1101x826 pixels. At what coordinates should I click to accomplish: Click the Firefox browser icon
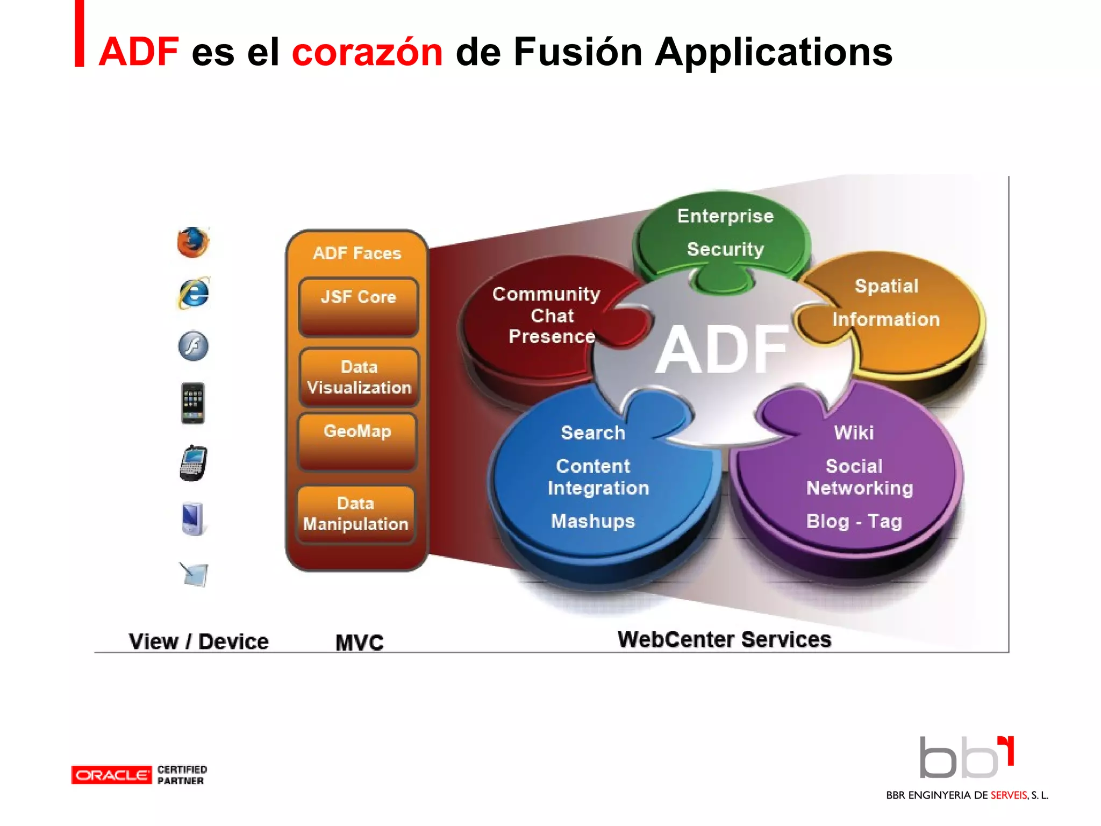(193, 243)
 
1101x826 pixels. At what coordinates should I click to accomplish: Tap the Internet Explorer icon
(193, 294)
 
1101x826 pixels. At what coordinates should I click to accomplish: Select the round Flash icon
(193, 346)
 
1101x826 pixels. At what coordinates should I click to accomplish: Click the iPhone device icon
(192, 403)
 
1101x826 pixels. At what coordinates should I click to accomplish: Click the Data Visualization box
(359, 377)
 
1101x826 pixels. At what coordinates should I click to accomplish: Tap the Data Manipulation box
(356, 514)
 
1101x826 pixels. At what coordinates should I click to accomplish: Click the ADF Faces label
(357, 253)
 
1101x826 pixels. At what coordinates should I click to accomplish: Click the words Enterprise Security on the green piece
(725, 232)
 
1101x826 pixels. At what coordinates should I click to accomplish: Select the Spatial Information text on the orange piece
(886, 303)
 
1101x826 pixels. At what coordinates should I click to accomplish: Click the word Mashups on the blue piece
(593, 521)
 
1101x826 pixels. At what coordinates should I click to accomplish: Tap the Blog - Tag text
(854, 521)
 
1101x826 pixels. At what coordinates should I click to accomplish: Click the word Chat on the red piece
(552, 316)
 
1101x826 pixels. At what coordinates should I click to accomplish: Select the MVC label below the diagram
(359, 643)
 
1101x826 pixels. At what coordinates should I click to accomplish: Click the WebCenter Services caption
(724, 639)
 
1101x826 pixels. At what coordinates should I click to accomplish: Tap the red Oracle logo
(111, 775)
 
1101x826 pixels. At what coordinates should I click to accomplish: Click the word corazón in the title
(367, 52)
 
